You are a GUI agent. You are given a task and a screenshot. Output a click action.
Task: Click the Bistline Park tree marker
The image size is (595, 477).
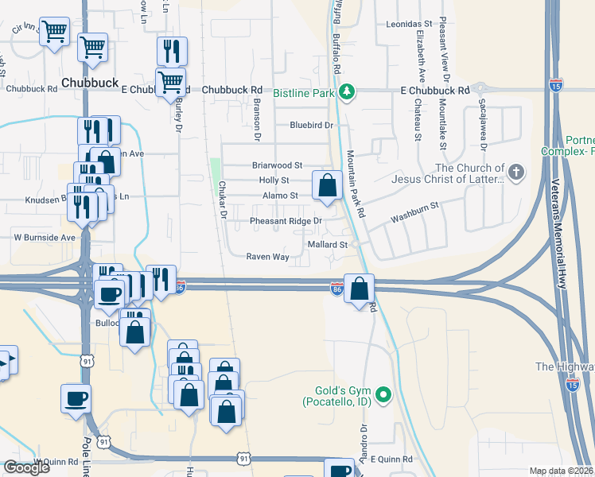(x=347, y=92)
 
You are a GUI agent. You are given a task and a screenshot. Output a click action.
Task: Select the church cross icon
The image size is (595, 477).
(x=516, y=172)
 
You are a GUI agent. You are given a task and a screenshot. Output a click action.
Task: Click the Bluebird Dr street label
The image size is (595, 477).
(x=310, y=125)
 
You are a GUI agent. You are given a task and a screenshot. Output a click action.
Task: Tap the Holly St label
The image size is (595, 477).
(x=273, y=180)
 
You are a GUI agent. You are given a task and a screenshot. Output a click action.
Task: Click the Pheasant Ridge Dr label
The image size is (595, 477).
(x=286, y=220)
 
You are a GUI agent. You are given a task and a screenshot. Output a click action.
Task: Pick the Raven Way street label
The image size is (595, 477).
(x=267, y=257)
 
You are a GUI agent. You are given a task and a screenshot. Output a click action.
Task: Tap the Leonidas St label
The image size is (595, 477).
(x=408, y=25)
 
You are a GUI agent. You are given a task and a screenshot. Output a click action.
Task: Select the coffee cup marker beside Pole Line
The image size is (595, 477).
(x=76, y=397)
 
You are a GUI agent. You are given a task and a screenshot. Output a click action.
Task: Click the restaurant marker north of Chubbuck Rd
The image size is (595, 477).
(x=172, y=51)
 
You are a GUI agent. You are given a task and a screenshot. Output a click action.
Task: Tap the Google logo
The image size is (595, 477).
(x=26, y=467)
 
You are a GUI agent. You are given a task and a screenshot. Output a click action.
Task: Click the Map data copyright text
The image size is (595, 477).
(x=562, y=471)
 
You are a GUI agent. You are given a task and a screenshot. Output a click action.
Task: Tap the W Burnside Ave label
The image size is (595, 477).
(x=44, y=237)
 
